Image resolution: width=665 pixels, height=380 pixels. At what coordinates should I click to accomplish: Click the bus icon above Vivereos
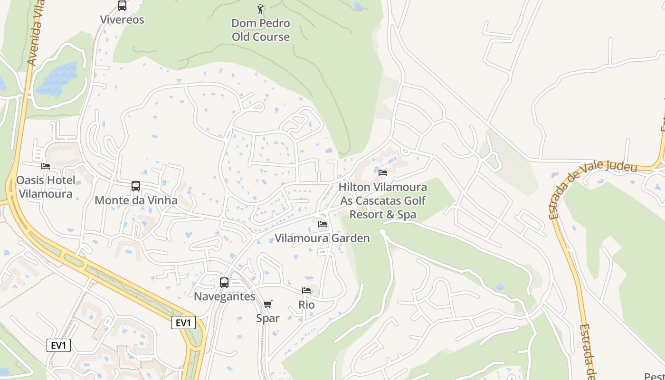(x=122, y=6)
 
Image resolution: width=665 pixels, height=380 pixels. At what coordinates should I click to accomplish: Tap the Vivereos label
(x=122, y=20)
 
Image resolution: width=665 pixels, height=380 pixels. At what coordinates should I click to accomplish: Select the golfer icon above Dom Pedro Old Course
(x=260, y=9)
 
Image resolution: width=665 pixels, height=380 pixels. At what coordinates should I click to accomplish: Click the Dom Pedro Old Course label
(x=261, y=30)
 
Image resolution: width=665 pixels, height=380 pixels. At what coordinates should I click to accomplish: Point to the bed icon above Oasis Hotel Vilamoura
(x=46, y=166)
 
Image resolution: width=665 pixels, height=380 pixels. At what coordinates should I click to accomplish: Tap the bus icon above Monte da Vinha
(x=136, y=186)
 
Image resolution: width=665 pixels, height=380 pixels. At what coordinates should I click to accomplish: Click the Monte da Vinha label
(x=136, y=200)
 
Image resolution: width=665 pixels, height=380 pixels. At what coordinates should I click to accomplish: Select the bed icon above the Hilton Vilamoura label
(x=383, y=172)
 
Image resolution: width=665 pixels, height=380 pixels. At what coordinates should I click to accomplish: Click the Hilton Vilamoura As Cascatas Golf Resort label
(x=383, y=201)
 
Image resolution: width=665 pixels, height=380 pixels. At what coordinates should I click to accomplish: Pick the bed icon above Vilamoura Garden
(x=323, y=224)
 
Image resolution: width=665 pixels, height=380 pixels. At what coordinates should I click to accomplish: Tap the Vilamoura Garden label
(x=323, y=238)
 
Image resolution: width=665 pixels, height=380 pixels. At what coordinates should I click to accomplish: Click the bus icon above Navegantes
(x=224, y=283)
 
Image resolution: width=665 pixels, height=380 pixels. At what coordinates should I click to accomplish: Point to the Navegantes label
(x=224, y=296)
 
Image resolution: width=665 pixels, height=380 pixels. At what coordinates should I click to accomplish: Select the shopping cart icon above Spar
(x=268, y=304)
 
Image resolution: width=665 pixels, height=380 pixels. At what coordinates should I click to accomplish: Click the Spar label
(x=268, y=318)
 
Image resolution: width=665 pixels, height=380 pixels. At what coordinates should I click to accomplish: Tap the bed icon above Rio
(x=306, y=290)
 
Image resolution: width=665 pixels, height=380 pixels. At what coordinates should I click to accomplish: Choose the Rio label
(x=306, y=304)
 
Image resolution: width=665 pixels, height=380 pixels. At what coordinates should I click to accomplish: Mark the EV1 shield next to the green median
(x=183, y=323)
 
